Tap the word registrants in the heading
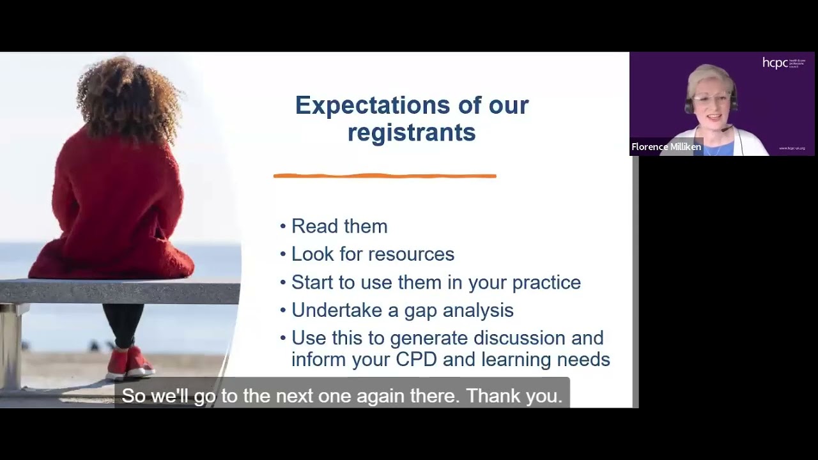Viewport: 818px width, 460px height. (x=412, y=133)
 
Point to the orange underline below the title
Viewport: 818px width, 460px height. (x=384, y=176)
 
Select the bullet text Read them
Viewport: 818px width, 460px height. (x=339, y=226)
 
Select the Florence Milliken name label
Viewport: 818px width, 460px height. (x=666, y=147)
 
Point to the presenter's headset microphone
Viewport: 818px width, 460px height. (x=727, y=129)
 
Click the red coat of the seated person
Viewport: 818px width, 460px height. (x=115, y=211)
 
